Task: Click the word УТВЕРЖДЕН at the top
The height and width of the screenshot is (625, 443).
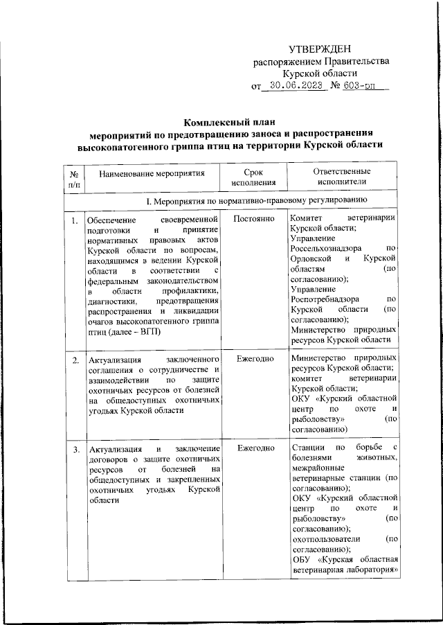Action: (320, 48)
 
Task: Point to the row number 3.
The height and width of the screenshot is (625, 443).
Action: (74, 451)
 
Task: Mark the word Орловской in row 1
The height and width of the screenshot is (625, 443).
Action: (313, 257)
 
